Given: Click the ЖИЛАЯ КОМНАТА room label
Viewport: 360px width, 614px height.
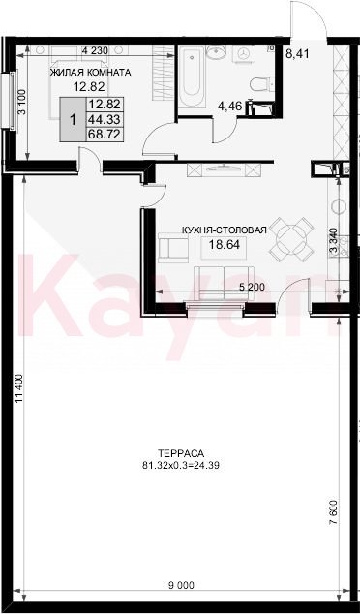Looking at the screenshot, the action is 90,73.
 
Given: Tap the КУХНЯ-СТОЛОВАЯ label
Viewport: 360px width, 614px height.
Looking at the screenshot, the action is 225,230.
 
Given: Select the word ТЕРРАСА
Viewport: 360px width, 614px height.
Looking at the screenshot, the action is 181,453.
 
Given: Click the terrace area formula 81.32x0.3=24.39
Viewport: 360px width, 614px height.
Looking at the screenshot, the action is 181,466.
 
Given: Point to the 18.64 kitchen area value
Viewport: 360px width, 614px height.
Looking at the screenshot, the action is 225,245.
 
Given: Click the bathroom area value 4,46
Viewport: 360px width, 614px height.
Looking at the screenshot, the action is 229,107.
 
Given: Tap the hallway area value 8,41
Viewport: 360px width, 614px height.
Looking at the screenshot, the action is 297,53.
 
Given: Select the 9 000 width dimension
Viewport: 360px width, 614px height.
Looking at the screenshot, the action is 181,585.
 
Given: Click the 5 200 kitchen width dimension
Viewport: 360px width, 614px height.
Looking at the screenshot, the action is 252,287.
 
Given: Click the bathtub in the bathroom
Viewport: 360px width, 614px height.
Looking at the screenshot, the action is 193,77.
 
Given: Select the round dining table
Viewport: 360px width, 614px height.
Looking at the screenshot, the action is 291,238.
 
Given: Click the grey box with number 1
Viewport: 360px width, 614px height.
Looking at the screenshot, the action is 73,119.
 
